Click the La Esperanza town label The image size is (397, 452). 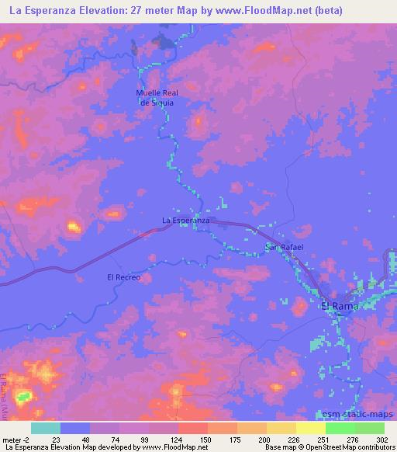click(185, 221)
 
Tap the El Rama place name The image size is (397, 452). click(338, 306)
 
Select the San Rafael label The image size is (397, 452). click(285, 247)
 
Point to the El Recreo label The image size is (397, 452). click(124, 276)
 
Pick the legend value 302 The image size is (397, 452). click(382, 439)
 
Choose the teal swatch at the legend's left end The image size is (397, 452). click(46, 428)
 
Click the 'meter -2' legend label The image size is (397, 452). click(15, 439)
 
